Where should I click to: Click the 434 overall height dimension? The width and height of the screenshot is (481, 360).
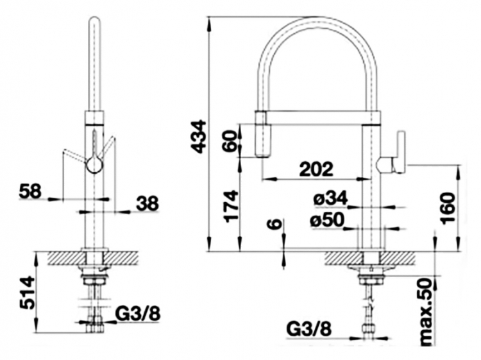[198, 137]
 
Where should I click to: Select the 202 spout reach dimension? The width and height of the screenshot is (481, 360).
[316, 169]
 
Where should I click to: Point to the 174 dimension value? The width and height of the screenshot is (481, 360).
[232, 206]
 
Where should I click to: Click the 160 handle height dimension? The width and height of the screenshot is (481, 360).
[448, 208]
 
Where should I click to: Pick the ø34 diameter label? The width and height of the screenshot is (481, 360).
[331, 198]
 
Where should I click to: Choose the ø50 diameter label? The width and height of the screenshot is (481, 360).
[327, 220]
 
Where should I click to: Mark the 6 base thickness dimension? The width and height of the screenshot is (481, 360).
[275, 224]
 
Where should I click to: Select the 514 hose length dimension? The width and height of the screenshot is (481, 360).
[26, 293]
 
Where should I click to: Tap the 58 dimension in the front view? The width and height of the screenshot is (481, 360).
[30, 192]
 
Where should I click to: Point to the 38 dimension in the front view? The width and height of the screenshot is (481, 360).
[148, 203]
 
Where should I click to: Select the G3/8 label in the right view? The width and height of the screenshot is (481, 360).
[309, 330]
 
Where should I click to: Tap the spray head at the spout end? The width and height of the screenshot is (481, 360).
[263, 134]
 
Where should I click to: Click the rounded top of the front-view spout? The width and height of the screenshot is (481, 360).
[94, 22]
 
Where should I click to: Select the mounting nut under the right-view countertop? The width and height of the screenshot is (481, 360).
[371, 280]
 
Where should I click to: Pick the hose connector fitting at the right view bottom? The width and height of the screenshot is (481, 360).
[369, 329]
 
